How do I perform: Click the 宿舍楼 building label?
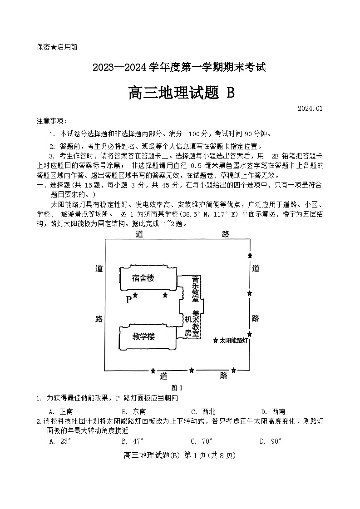tap(143, 278)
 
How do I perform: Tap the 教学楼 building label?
tap(143, 336)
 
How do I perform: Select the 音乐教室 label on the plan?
tap(195, 289)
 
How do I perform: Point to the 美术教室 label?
tap(196, 323)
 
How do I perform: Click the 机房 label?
tap(188, 326)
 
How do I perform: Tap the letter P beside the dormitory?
tap(128, 300)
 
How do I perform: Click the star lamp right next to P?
tap(135, 296)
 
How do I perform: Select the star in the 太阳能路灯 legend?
tap(216, 340)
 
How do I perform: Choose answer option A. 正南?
tap(61, 411)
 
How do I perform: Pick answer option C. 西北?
tap(203, 411)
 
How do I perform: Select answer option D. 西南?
tap(273, 411)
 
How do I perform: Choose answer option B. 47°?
tap(133, 441)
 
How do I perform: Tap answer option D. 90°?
tap(271, 441)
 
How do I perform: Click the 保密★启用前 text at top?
tap(57, 47)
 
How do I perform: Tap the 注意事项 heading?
tap(52, 121)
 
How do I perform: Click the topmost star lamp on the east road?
tap(250, 256)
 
